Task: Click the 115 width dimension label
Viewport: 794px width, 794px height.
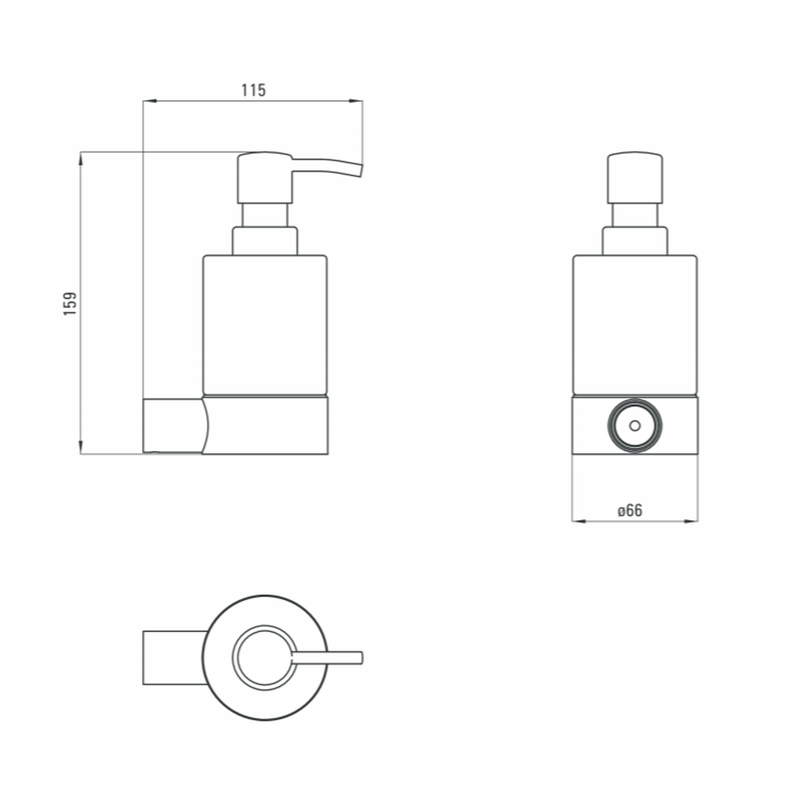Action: click(x=253, y=91)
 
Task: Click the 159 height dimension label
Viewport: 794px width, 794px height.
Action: click(x=70, y=303)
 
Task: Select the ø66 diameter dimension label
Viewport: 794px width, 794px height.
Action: click(x=630, y=511)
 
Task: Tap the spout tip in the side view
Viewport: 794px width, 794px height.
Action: click(x=360, y=170)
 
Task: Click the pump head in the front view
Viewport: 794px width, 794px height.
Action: click(x=634, y=178)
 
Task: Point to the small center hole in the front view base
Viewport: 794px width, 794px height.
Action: click(x=634, y=426)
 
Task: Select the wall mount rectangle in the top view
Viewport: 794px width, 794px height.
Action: click(x=175, y=657)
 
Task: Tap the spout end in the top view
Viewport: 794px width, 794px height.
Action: click(x=360, y=657)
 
